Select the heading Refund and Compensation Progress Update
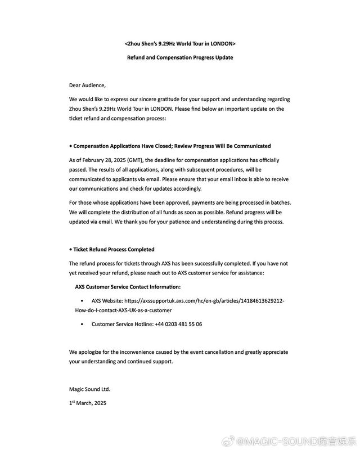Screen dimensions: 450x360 [180, 57]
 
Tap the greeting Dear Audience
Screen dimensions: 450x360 [87, 85]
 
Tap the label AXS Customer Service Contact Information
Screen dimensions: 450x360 [128, 286]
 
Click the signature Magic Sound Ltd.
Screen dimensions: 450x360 [90, 389]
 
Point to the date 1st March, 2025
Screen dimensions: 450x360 [88, 403]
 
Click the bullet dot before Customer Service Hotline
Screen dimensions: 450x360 [83, 324]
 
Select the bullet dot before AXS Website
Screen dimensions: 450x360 [83, 301]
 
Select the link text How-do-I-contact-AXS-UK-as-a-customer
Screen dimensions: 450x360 [123, 310]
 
